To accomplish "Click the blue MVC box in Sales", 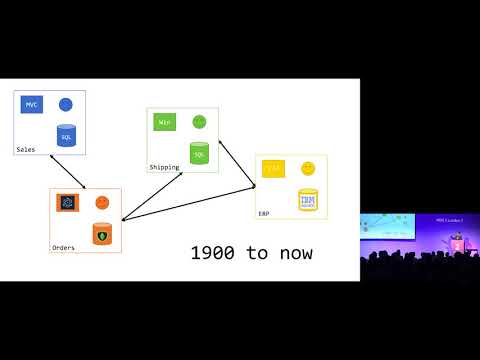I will click(x=34, y=105).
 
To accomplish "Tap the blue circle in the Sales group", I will click(x=66, y=104).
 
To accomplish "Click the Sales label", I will click(x=26, y=150).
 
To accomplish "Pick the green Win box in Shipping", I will click(x=165, y=122).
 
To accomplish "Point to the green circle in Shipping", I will click(x=199, y=122).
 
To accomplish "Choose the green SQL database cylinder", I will click(x=199, y=152).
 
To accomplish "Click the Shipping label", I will click(x=164, y=167).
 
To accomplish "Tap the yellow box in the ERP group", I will click(x=273, y=169).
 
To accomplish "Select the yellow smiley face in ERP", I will click(x=308, y=168).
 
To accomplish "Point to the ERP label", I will click(x=264, y=214).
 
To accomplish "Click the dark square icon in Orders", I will click(x=68, y=203).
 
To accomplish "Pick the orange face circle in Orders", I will click(x=101, y=203).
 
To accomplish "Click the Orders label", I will click(x=63, y=247).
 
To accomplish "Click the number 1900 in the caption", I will click(x=211, y=253).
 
